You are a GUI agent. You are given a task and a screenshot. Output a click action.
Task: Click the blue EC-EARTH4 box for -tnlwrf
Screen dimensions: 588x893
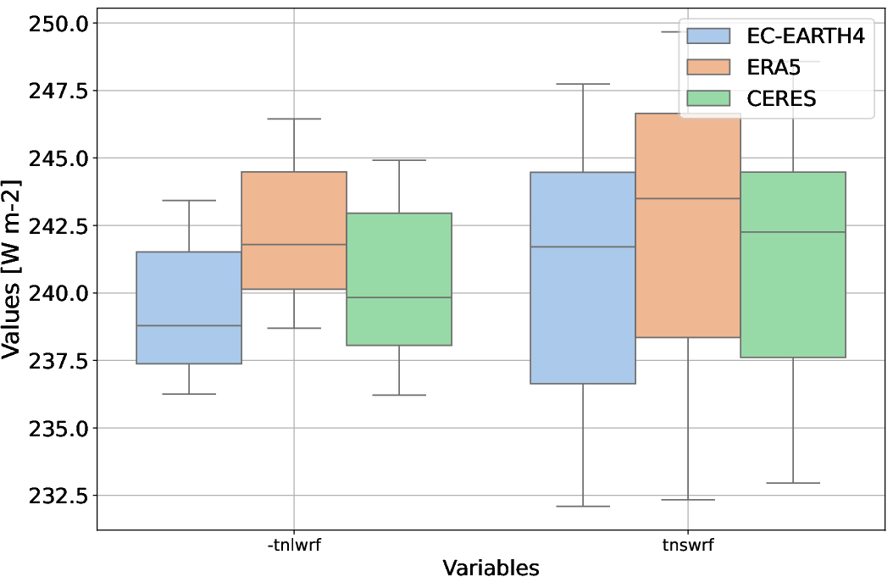pos(189,308)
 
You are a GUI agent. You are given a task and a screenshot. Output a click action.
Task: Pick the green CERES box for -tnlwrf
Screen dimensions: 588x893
pos(399,280)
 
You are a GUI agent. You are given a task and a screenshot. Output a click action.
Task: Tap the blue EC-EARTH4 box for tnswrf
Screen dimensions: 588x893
pos(583,278)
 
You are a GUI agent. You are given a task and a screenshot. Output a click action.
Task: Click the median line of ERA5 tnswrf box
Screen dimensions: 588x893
pos(688,198)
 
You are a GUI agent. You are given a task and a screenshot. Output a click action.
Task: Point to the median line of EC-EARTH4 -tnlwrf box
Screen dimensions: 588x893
pos(189,325)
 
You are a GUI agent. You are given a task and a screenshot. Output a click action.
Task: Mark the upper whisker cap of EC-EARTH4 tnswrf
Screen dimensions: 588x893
pos(583,84)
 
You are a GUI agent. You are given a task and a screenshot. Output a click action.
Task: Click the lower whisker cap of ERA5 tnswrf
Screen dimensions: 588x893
pos(688,500)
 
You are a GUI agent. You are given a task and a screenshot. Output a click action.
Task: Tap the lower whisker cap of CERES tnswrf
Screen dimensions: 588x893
pos(793,483)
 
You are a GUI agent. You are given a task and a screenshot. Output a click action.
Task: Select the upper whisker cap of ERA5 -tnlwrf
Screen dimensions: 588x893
pos(294,119)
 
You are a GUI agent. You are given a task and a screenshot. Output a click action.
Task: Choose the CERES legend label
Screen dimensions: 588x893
pos(781,98)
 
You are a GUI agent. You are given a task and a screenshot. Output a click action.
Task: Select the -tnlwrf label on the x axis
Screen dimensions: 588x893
pos(294,545)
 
